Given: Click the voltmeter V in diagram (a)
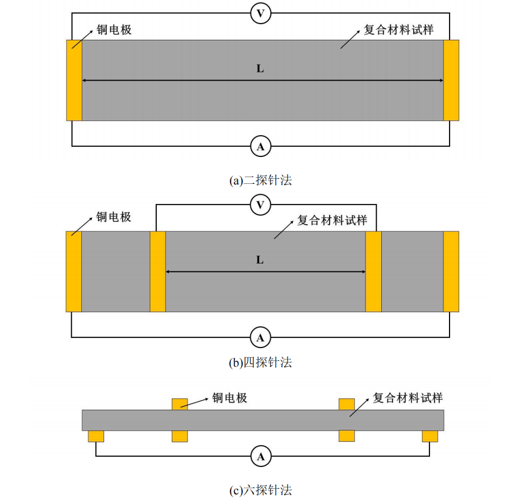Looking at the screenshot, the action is tap(260, 13).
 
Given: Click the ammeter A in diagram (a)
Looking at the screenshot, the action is tap(260, 146).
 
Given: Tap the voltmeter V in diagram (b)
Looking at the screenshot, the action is tap(260, 205).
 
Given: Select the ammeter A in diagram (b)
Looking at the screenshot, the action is tap(260, 337).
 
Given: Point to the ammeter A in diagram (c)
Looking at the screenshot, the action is tap(261, 456).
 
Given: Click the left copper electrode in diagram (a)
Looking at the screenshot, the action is tap(74, 80).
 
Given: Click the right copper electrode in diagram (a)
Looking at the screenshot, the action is tap(451, 80).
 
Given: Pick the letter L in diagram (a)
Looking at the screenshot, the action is tap(260, 68).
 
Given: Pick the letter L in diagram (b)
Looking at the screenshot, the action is tap(260, 260).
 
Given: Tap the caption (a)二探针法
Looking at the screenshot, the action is tap(260, 180).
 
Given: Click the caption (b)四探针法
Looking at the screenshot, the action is tap(260, 363).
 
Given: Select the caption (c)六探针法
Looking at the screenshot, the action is tap(261, 490).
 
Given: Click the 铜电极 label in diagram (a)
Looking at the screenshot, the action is tap(114, 30).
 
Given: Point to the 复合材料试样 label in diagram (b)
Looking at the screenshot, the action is tap(332, 220).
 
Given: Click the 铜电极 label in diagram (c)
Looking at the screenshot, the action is tap(230, 398).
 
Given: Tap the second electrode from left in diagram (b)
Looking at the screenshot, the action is tap(158, 271).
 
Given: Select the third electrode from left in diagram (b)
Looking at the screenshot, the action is tap(373, 271).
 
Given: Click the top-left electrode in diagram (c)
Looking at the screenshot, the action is tap(180, 404).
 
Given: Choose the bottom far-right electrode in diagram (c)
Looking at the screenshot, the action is tap(430, 437).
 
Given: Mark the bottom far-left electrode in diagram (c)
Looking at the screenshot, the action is tap(96, 437).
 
